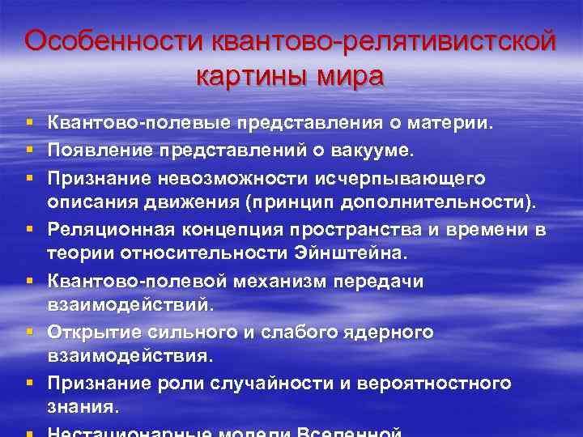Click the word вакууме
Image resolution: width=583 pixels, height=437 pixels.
(373, 150)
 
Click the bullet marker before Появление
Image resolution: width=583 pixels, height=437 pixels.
(29, 150)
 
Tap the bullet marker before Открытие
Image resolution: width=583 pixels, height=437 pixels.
(29, 333)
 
